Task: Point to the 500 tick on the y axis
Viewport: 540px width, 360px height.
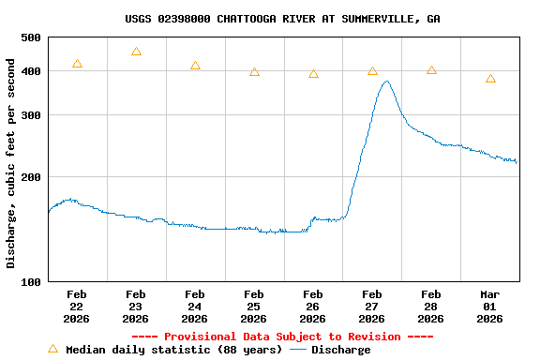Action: click(x=31, y=37)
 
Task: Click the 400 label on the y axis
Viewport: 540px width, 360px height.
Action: click(x=31, y=72)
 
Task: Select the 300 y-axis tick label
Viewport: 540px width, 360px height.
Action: click(x=31, y=115)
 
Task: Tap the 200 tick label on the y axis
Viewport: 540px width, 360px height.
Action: click(x=31, y=177)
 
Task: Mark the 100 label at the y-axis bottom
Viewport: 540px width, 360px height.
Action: click(x=31, y=281)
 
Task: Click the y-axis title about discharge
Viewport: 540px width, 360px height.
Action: click(x=11, y=163)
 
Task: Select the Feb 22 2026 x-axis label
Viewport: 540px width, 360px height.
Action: click(x=77, y=307)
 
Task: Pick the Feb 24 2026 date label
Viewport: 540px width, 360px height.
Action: click(x=195, y=307)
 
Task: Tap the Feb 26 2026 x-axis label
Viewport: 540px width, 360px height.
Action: click(x=313, y=307)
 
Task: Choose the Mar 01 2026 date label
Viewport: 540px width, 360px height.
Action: click(x=490, y=307)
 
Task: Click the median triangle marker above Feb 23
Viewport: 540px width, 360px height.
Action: click(x=136, y=52)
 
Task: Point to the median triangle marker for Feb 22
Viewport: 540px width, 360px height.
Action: click(x=77, y=64)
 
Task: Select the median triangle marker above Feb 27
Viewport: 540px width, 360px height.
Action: click(x=372, y=71)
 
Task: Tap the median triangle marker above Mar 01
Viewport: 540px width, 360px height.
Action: click(x=490, y=79)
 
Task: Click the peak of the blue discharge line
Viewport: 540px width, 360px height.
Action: click(x=386, y=82)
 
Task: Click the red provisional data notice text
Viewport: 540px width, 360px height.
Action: click(x=282, y=337)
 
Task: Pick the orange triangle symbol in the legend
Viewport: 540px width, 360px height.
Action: click(x=52, y=349)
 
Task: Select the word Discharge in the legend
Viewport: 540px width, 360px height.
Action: click(x=340, y=350)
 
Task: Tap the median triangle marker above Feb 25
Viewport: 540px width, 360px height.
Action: click(x=254, y=72)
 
